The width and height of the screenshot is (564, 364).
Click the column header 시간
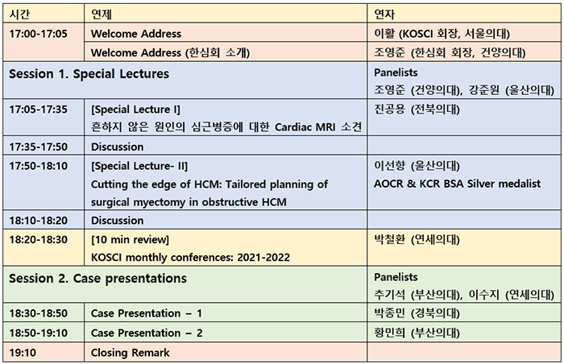point(19,14)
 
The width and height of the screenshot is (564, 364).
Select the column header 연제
point(101,14)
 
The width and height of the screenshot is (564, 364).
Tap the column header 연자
point(384,14)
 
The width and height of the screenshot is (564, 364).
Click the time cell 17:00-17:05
point(38,34)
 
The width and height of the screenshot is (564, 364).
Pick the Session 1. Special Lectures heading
point(89,74)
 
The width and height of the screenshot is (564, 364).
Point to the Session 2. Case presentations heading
point(97,279)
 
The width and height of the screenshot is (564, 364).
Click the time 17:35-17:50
point(38,147)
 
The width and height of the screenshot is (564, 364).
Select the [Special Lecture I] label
point(135,110)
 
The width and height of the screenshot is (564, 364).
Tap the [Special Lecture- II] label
point(139,166)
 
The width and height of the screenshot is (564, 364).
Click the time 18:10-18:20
point(38,221)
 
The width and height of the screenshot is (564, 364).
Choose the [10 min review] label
point(130,239)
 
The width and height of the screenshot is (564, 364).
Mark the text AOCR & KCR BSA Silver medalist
point(457,184)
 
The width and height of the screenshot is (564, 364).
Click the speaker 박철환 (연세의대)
point(417,239)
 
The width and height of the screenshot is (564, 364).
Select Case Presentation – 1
point(147,313)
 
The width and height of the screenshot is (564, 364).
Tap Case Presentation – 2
point(147,333)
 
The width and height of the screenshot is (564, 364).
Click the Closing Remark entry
point(131,353)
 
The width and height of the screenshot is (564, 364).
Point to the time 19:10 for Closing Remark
point(23,353)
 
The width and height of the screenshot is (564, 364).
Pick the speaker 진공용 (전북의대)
point(417,110)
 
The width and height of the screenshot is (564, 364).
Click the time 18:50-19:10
point(38,333)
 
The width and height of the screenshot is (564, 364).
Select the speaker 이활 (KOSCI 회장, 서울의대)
point(442,34)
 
